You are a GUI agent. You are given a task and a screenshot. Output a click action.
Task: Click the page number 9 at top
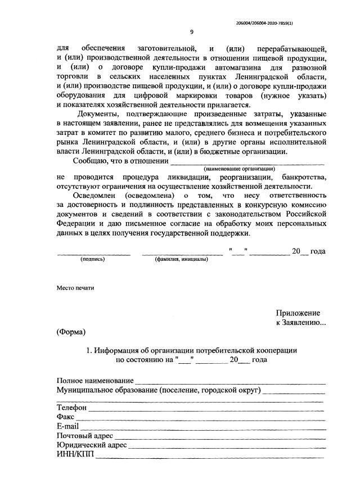click(192, 31)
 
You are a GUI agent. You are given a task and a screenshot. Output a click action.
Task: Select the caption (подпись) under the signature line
click(93, 259)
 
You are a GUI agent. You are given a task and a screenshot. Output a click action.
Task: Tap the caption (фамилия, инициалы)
click(181, 259)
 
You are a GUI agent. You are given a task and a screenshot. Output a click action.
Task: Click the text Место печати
click(75, 288)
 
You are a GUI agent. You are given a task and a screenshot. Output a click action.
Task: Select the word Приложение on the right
click(298, 313)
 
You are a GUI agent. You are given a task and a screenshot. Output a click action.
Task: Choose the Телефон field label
click(72, 408)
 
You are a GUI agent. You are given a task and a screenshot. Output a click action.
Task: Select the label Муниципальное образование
click(107, 390)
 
